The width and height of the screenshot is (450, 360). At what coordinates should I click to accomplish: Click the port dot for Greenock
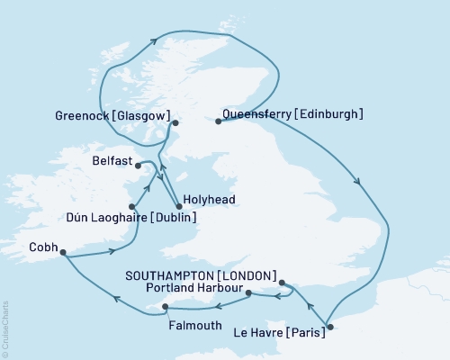click(x=175, y=122)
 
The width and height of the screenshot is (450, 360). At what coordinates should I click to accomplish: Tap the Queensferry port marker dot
click(x=218, y=121)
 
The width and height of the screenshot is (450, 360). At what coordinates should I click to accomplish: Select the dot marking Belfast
click(x=138, y=165)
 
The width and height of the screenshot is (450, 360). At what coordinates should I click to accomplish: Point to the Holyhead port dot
click(x=179, y=206)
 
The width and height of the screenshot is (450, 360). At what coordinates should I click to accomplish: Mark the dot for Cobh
click(x=63, y=253)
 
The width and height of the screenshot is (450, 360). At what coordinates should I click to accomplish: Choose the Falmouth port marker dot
click(x=165, y=307)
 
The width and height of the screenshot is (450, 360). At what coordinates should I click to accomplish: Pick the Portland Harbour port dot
click(x=248, y=292)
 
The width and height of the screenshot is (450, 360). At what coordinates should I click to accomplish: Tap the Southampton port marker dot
click(x=282, y=283)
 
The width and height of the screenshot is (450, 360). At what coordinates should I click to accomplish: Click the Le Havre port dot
click(x=329, y=327)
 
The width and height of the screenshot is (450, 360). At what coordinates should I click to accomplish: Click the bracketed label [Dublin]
click(x=171, y=216)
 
